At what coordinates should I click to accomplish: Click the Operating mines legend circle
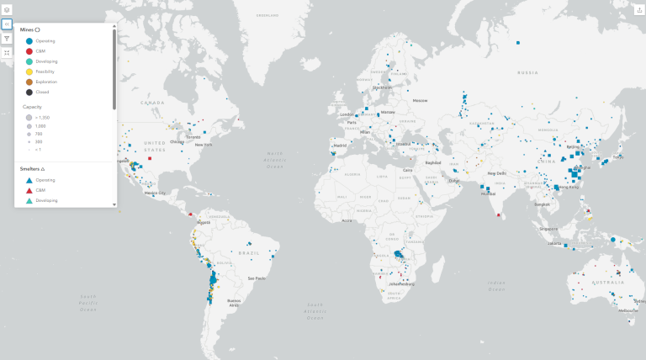pos(29,40)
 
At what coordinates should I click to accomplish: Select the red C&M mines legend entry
pos(29,51)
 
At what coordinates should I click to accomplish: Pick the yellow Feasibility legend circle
pos(29,71)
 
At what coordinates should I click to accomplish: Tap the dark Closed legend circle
pos(29,92)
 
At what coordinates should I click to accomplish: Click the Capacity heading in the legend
pos(31,107)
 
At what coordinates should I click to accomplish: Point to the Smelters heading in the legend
pos(32,169)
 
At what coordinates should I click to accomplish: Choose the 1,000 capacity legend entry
pos(29,125)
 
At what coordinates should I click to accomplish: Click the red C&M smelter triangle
pos(29,190)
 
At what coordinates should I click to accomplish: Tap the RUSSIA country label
pos(527,72)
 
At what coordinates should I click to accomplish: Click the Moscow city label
pos(420,100)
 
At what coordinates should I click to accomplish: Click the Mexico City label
pos(155,192)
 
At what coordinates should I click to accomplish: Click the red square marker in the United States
pos(150,158)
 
